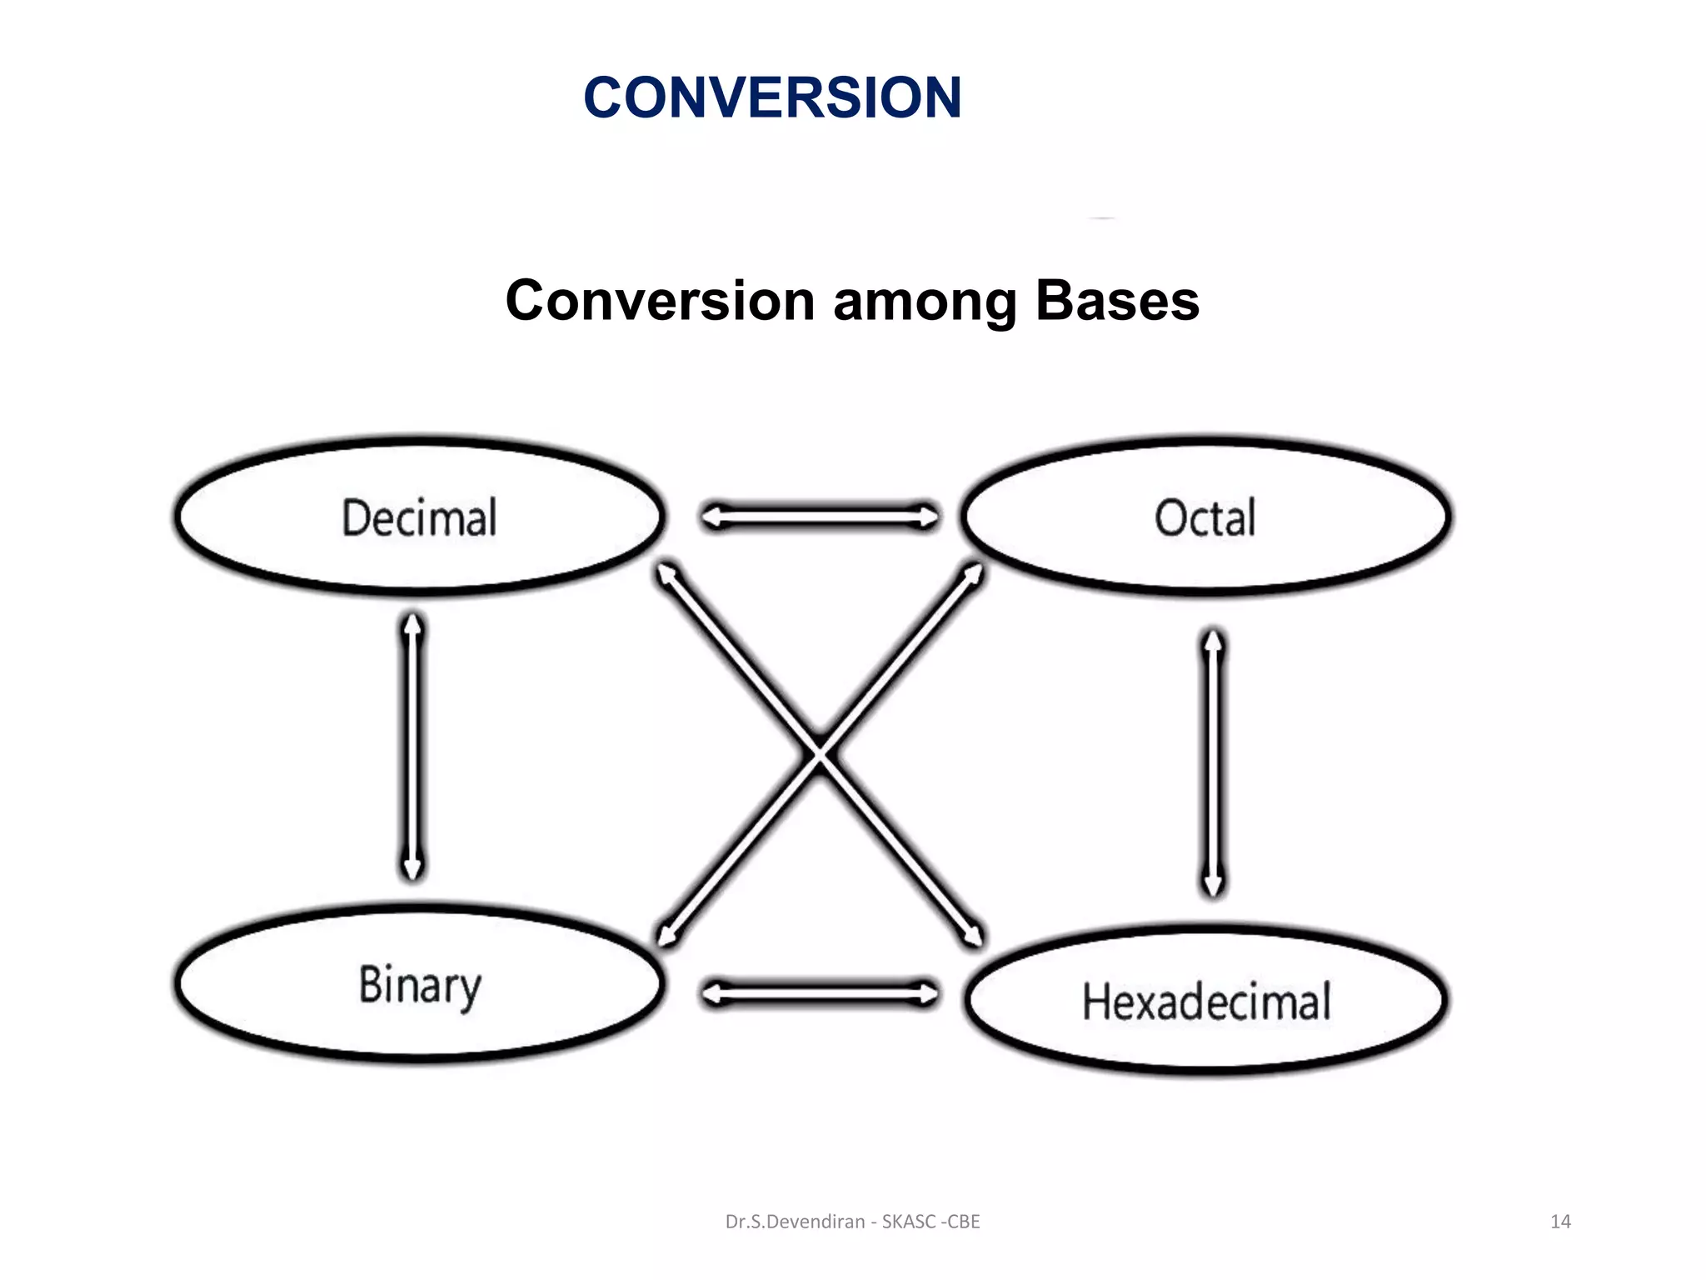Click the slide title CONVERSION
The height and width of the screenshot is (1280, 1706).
point(772,97)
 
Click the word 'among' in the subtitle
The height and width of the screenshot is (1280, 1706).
point(925,301)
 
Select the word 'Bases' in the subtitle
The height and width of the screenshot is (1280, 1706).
point(1116,301)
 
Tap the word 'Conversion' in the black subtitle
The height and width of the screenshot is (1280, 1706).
point(660,301)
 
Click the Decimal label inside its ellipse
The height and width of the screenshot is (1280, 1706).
point(419,517)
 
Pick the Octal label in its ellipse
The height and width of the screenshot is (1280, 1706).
point(1205,517)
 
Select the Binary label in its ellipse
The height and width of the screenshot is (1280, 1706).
point(420,986)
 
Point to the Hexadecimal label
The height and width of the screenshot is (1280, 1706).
point(1206,1002)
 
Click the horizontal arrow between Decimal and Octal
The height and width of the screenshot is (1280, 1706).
point(820,517)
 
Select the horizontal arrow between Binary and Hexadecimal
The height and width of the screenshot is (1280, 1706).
point(820,993)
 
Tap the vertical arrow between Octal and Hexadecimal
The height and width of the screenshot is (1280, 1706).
point(1214,762)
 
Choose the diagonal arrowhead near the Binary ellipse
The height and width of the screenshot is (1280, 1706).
point(665,937)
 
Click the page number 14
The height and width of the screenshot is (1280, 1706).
point(1560,1222)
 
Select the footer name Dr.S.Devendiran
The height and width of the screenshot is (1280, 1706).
point(795,1222)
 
